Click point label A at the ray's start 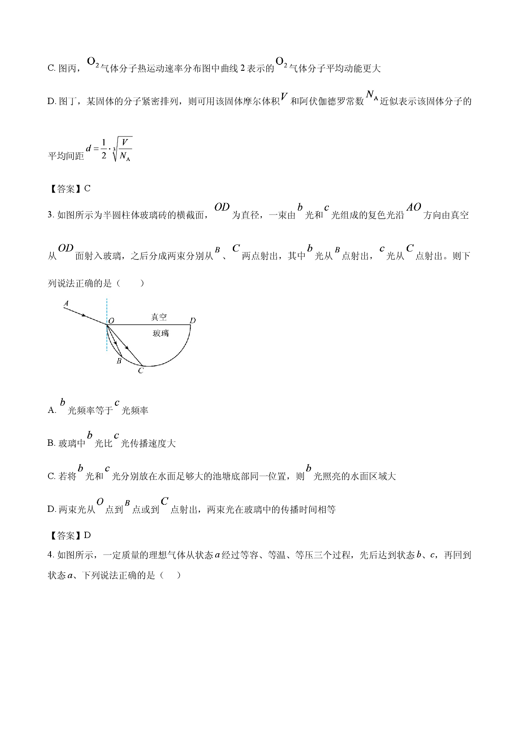pyautogui.click(x=66, y=303)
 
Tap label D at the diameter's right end pyautogui.click(x=193, y=321)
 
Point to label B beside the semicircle pyautogui.click(x=119, y=361)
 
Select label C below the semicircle pyautogui.click(x=141, y=371)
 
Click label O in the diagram pyautogui.click(x=112, y=321)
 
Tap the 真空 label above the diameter pyautogui.click(x=159, y=317)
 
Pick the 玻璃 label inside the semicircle pyautogui.click(x=160, y=333)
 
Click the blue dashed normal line pyautogui.click(x=107, y=325)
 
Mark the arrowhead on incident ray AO pyautogui.click(x=84, y=315)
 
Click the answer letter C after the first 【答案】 pyautogui.click(x=88, y=189)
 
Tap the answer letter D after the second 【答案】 pyautogui.click(x=88, y=536)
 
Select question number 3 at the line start pyautogui.click(x=50, y=215)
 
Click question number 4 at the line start pyautogui.click(x=50, y=555)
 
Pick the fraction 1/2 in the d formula pyautogui.click(x=104, y=149)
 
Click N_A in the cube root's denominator pyautogui.click(x=125, y=156)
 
